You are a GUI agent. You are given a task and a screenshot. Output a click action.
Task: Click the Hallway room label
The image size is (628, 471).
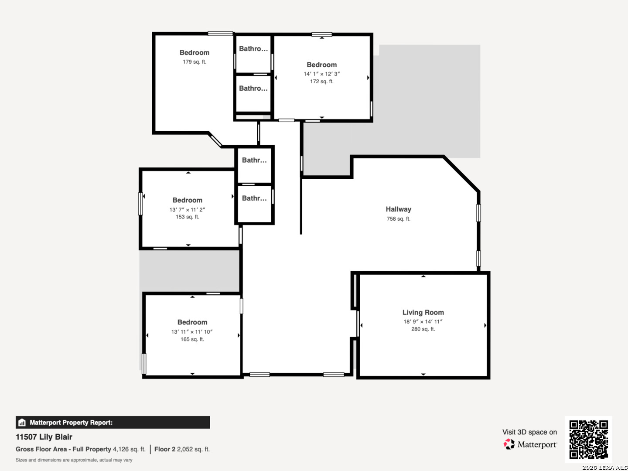[x=398, y=209]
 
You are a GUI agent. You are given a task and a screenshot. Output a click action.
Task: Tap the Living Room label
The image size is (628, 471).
[x=423, y=313]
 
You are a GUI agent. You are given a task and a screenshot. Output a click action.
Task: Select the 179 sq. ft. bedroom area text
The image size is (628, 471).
[x=195, y=62]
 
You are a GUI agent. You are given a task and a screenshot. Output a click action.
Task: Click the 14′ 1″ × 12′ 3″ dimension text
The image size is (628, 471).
[x=321, y=74]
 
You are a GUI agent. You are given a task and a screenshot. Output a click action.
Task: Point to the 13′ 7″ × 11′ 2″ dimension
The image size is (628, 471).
[x=188, y=210]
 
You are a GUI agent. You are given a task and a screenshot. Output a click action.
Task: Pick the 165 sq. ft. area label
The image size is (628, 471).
[x=192, y=339]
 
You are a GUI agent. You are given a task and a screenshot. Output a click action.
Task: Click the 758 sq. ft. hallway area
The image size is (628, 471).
[x=399, y=219]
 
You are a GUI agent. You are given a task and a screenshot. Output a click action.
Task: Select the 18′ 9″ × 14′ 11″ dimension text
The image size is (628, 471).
[x=423, y=321]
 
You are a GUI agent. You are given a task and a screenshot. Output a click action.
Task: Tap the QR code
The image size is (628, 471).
[x=588, y=439]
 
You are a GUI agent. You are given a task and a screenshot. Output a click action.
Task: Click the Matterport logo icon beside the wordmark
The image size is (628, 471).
[x=509, y=444]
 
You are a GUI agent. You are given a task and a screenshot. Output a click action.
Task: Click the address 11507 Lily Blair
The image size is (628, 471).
[x=44, y=437]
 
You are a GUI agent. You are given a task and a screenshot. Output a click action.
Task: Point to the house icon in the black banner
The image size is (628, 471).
[x=22, y=423]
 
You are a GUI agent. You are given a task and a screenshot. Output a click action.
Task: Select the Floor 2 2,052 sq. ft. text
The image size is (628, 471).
[x=182, y=449]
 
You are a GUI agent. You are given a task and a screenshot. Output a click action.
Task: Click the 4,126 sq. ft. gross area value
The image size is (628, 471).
[x=129, y=449]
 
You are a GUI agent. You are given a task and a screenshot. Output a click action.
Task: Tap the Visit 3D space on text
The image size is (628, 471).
[x=529, y=432]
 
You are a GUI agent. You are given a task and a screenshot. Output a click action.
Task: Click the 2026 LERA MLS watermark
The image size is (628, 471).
[x=604, y=468]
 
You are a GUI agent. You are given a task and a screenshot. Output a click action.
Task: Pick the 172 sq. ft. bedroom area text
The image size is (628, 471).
[x=322, y=82]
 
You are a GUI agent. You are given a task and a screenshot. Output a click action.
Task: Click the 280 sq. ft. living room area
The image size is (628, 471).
[x=423, y=329]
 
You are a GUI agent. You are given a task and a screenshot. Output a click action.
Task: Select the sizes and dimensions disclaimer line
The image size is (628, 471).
[x=74, y=460]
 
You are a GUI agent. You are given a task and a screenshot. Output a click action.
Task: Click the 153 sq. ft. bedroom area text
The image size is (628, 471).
[x=188, y=217]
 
